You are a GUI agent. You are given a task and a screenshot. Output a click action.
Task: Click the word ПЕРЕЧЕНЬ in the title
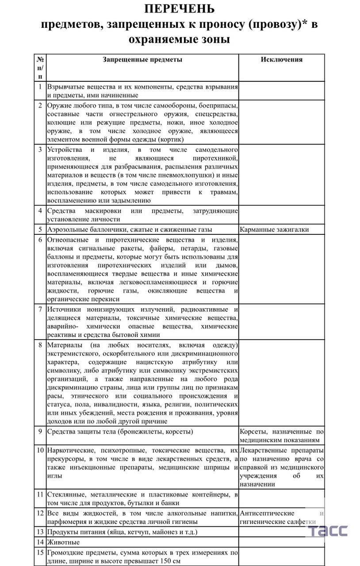coord(180,9)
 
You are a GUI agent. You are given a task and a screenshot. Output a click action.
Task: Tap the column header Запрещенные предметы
coord(142,60)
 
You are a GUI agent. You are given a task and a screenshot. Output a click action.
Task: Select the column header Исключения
coord(282,60)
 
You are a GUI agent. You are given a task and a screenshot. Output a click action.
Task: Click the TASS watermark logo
coord(328,531)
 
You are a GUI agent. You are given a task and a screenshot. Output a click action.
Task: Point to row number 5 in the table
coord(40,229)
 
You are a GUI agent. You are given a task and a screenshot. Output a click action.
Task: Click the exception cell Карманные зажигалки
coord(274,229)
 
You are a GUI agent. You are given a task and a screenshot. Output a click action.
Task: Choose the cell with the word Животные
coord(64,542)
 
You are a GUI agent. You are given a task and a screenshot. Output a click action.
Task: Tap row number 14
coord(40,542)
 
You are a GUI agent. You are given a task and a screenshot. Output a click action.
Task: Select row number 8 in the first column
coord(40,345)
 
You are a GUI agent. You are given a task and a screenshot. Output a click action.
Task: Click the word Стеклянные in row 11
coord(66,494)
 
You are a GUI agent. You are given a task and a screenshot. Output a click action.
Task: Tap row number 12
coord(40,513)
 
